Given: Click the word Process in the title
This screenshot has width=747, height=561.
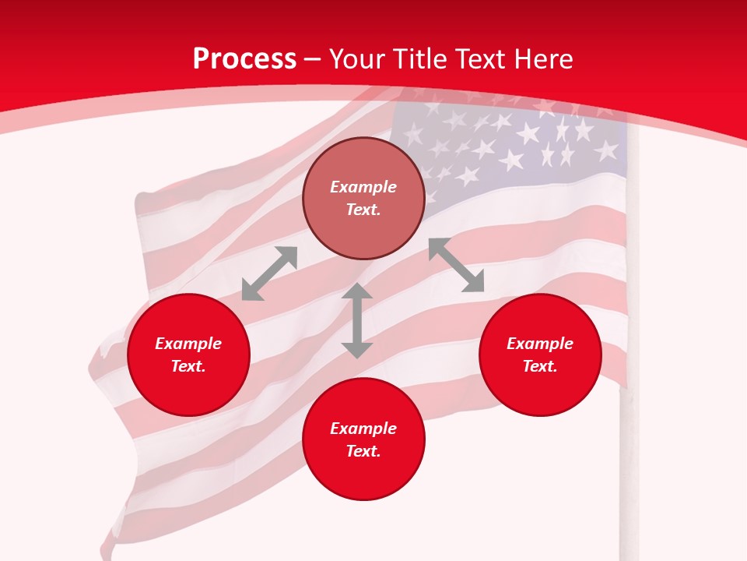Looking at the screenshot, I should tap(244, 59).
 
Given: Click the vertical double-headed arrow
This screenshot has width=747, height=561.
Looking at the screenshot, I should tap(357, 320).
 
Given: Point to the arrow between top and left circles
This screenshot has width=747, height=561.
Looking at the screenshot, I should tap(269, 273).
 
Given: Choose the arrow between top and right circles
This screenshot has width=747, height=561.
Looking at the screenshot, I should tap(457, 265).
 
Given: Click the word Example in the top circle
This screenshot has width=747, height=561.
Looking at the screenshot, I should tap(363, 187).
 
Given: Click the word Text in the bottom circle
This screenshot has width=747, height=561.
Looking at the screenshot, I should tap(362, 451).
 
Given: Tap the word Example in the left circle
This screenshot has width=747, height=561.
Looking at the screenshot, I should tap(188, 344).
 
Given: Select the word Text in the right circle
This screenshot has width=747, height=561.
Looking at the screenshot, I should tap(538, 366).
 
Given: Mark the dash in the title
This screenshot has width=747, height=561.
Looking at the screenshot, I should tap(313, 60).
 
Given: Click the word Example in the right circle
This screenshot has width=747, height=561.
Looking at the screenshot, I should tap(540, 344).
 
